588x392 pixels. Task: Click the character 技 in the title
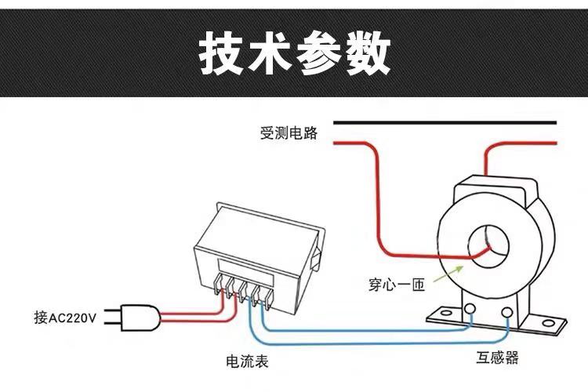point(222,53)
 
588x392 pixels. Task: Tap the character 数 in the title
point(365,53)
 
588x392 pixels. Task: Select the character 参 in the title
point(318,53)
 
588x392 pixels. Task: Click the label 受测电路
point(289,134)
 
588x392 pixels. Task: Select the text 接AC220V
point(64,318)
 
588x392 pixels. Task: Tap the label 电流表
point(247,361)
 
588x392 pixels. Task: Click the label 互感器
point(497,358)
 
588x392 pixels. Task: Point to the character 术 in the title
point(270,53)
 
